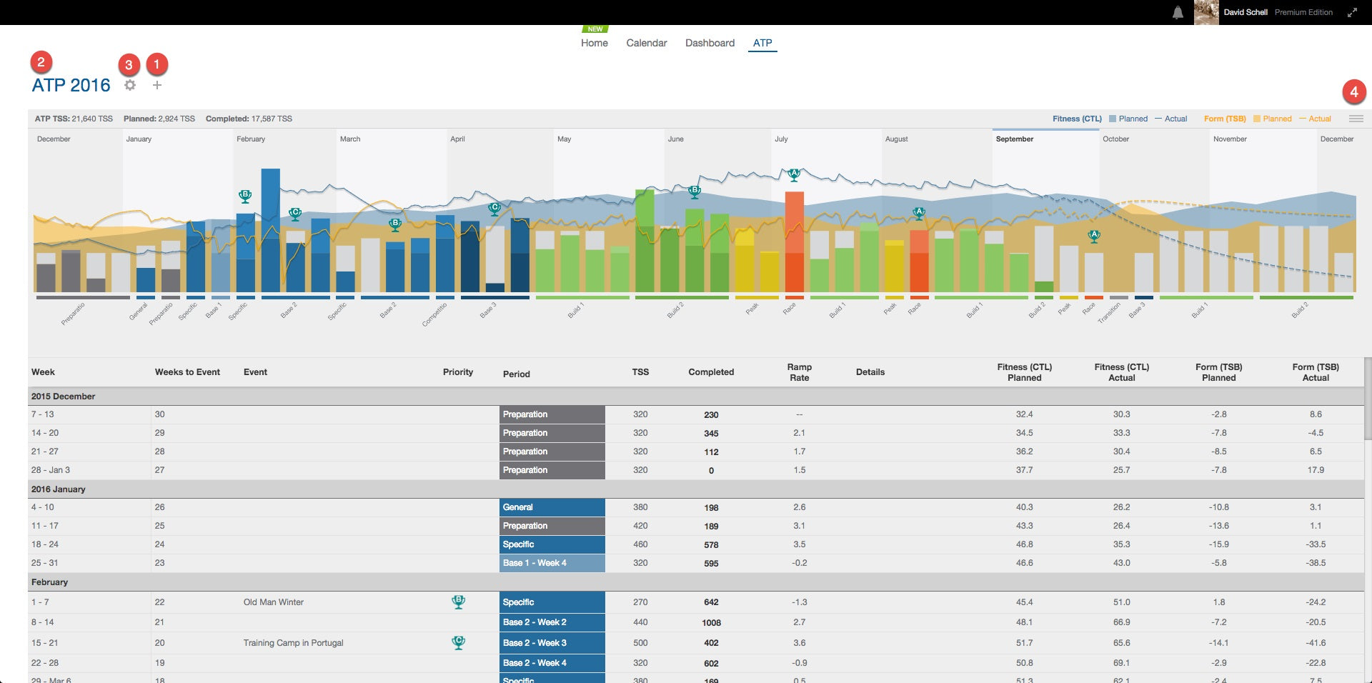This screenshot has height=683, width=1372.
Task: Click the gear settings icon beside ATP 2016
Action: (130, 85)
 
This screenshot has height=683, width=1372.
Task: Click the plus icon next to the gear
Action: (157, 85)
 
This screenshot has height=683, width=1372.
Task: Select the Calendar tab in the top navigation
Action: (646, 43)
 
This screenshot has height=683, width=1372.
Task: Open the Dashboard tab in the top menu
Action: (710, 43)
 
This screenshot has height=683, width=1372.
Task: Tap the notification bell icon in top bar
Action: (1178, 12)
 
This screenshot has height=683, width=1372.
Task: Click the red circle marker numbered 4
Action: (1353, 91)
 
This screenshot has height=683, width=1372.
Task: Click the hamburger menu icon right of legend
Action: (1356, 119)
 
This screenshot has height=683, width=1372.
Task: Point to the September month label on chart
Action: (1014, 139)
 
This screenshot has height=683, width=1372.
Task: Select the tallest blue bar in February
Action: (270, 229)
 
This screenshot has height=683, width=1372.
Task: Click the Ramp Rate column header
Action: (799, 372)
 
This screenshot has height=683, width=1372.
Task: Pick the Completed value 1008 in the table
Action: (711, 623)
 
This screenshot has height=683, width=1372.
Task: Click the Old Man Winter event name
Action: (273, 602)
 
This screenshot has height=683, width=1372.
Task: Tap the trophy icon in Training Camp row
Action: (459, 642)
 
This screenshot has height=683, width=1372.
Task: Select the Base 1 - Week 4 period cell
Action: (552, 563)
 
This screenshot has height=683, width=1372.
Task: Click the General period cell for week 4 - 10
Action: (552, 507)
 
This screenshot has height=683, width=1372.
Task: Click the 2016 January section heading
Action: (58, 489)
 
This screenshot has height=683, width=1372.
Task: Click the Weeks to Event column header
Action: (187, 372)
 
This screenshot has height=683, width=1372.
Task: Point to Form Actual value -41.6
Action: (1315, 643)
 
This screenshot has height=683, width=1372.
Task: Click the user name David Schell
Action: (1245, 12)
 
